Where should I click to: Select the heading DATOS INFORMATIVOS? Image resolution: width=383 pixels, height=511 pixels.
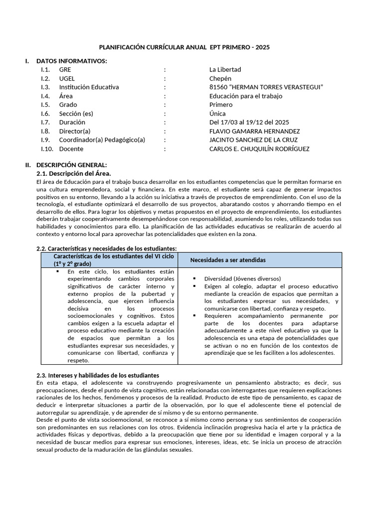coord(71,61)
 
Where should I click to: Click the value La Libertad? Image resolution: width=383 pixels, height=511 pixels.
coord(225,70)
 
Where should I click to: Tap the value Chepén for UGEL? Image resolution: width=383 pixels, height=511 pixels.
coord(220,79)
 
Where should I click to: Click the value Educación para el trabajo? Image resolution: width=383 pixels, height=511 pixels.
coord(246,96)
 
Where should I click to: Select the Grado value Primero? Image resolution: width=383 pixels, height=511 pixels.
coord(221,105)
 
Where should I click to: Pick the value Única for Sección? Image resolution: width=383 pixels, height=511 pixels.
coord(217,114)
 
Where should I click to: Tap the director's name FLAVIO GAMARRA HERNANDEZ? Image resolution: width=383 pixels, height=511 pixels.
coord(254,131)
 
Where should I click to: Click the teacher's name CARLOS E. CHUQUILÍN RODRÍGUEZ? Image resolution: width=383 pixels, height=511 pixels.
coord(259,149)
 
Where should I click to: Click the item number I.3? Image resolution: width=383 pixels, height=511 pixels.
coord(46,87)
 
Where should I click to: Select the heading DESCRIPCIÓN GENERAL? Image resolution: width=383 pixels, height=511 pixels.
coord(71,165)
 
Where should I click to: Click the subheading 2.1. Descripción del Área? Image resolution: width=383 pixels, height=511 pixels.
coord(74,173)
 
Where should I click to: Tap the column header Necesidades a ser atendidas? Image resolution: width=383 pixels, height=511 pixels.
coord(228,260)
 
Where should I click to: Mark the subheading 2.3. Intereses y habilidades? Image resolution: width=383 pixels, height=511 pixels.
coord(98,375)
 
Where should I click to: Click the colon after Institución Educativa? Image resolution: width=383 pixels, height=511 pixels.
coord(165,87)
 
